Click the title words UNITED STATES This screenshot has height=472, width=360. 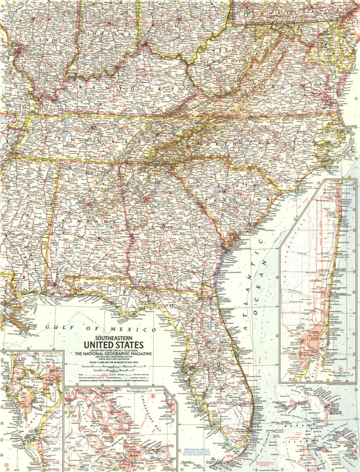[x=113, y=345]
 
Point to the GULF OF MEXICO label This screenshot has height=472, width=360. [x=101, y=329]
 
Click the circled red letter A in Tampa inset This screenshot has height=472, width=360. [x=6, y=465]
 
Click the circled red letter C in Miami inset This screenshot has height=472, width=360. [x=341, y=369]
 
